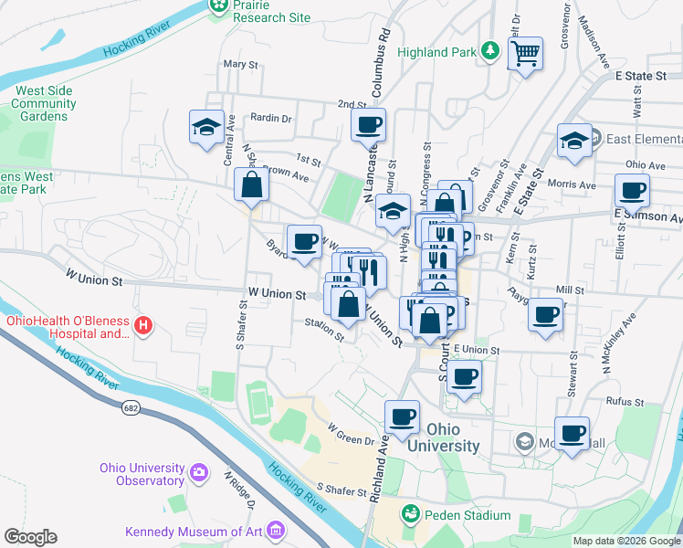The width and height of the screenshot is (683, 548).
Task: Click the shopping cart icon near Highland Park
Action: click(x=525, y=56)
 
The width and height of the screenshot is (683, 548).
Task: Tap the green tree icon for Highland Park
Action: click(x=489, y=50)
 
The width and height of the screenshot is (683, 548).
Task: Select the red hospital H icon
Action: click(x=142, y=325)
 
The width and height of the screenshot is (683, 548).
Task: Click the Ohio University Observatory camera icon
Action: click(x=199, y=472)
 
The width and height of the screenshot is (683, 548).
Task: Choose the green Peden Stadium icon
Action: click(x=411, y=515)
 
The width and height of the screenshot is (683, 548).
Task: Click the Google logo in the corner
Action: click(x=30, y=536)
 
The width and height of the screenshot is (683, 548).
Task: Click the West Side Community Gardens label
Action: click(x=44, y=103)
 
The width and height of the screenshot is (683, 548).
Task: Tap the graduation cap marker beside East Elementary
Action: click(x=573, y=141)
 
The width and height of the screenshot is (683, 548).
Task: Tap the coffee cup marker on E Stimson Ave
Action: click(x=631, y=192)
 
